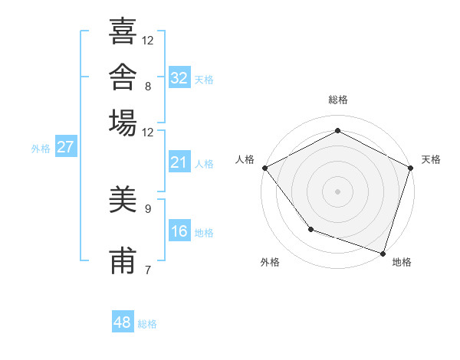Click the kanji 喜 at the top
123,31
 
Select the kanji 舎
123,77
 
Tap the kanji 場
123,123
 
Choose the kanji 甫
123,260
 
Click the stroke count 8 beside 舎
148,87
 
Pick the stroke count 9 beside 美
148,209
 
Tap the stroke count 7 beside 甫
148,270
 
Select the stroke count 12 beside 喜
147,41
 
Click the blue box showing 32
179,77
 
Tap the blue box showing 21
179,162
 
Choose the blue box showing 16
179,230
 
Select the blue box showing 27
66,146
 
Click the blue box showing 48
123,321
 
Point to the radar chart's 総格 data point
337,130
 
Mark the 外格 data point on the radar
311,229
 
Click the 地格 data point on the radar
383,254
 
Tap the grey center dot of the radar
337,191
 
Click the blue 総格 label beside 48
147,324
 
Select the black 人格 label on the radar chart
245,159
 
